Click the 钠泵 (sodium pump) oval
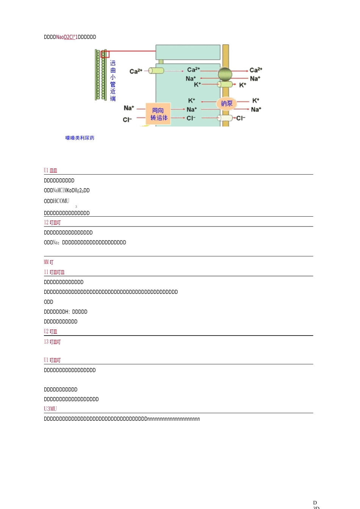pos(227,103)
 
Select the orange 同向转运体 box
pos(158,114)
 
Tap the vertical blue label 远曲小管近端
pos(113,81)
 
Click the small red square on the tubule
pos(105,54)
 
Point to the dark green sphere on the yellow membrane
pos(225,74)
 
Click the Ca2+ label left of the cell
pos(136,71)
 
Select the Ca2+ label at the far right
pos(256,70)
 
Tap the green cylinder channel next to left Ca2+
pos(156,70)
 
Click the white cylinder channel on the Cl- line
pos(225,118)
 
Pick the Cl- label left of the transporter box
pos(127,120)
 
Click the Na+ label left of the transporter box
pos(129,108)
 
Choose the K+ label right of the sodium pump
pos(256,101)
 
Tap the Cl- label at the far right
pos(241,118)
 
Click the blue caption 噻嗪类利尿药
pos(80,138)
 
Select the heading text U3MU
pos(50,409)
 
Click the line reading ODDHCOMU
pos(56,201)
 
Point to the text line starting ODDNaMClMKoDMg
pos(67,190)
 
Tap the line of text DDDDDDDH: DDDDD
pos(66,312)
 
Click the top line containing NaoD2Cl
pos(70,37)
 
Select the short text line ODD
pos(49,302)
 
